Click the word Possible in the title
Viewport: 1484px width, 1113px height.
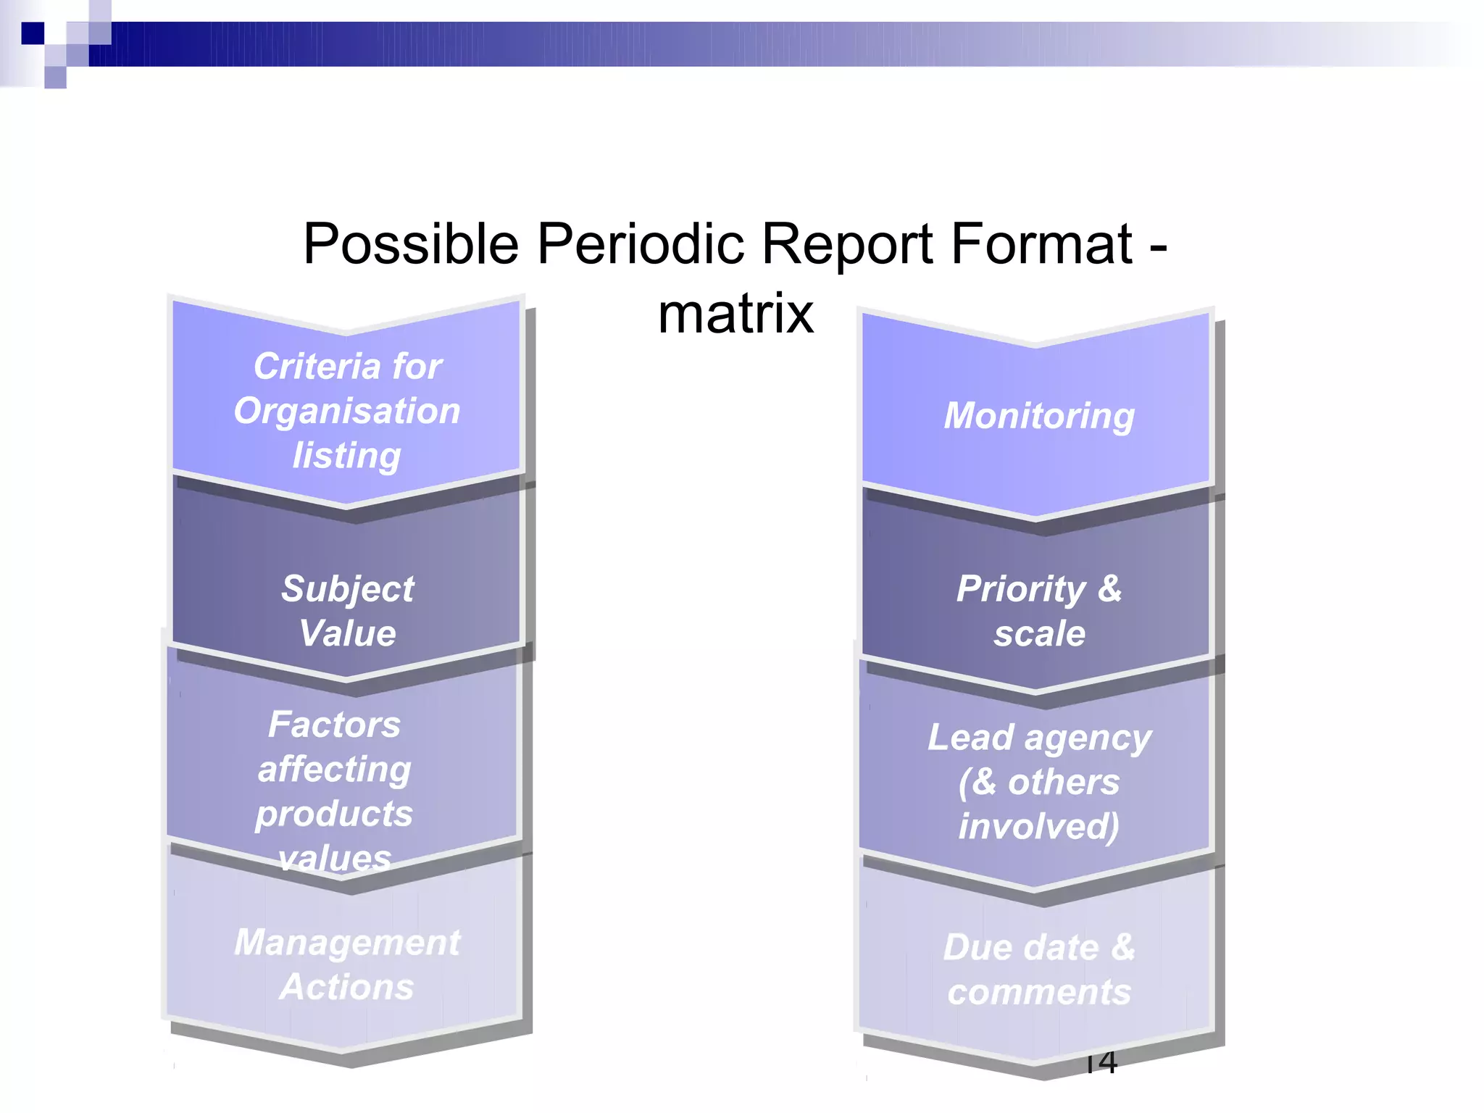(411, 245)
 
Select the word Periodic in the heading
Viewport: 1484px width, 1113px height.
(641, 243)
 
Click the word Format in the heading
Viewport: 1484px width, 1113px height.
(1041, 243)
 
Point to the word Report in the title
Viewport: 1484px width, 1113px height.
(847, 245)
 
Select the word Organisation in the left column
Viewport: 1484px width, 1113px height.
(347, 411)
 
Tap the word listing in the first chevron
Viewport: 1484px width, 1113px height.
(346, 456)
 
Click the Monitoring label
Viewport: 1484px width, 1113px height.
(1039, 416)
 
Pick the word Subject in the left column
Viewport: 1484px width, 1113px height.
(347, 588)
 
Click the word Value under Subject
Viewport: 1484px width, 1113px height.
(347, 633)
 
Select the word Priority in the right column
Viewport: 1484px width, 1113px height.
(1021, 588)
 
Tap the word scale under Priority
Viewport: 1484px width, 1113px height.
(1039, 633)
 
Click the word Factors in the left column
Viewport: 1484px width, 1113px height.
(334, 724)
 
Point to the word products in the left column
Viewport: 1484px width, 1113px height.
(334, 813)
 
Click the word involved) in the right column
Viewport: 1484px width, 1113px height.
(1039, 826)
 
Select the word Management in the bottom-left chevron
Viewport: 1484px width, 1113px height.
(347, 942)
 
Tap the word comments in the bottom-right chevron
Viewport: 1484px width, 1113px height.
(1039, 991)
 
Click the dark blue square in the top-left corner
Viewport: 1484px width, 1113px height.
(33, 33)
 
